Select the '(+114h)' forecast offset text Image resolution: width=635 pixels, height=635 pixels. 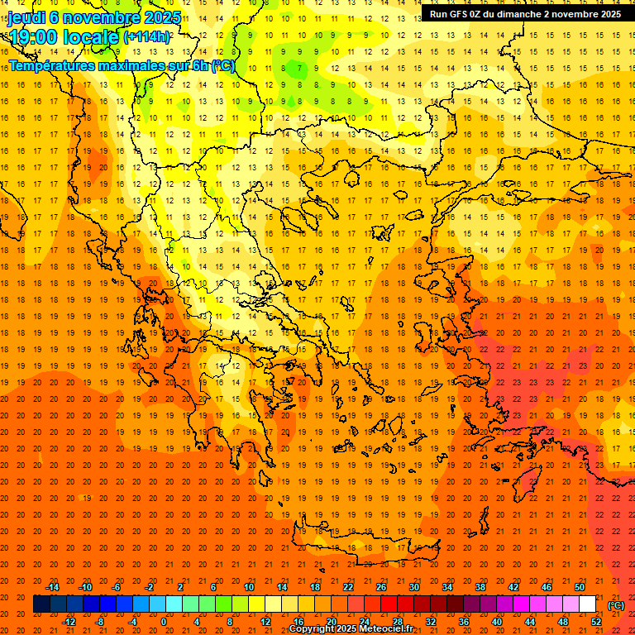click(x=146, y=37)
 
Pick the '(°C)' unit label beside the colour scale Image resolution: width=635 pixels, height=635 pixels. click(x=616, y=604)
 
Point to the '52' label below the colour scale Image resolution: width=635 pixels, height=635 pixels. click(x=596, y=622)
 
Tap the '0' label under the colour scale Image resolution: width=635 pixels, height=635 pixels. click(x=164, y=622)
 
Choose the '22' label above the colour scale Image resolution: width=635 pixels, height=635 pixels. click(x=347, y=587)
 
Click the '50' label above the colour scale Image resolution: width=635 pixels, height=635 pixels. click(x=579, y=587)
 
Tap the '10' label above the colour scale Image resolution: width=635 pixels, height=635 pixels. click(x=248, y=587)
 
